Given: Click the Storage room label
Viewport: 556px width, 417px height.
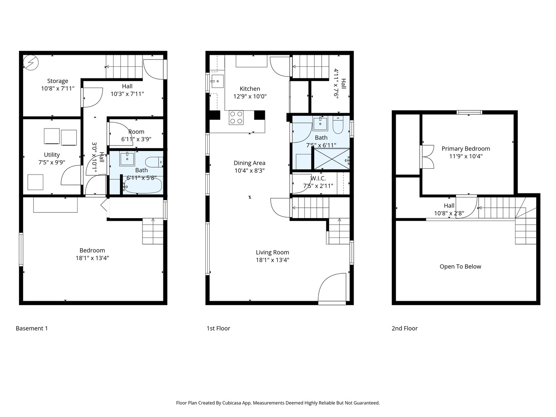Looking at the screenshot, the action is point(58,81).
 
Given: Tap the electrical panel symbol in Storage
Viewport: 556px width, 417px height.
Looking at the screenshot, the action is point(31,63).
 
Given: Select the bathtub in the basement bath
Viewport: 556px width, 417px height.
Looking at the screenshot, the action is point(143,186).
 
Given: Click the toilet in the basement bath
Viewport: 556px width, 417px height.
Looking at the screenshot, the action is point(154,162).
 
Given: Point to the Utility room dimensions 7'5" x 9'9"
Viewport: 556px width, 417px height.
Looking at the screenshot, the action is point(52,162).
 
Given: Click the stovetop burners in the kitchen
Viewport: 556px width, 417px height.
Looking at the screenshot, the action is point(236,118).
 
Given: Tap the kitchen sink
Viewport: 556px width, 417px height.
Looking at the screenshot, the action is point(217,81).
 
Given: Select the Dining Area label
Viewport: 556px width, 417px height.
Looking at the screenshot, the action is point(249,163).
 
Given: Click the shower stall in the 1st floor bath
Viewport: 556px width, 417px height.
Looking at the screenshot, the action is point(332,159).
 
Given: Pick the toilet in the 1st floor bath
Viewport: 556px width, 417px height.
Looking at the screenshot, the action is point(338,125).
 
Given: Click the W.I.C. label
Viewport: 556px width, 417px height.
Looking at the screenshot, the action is point(318,178).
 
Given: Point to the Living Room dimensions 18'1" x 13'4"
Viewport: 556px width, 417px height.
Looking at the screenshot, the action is point(272,260).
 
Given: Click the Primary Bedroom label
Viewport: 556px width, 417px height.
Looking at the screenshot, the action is point(466,149).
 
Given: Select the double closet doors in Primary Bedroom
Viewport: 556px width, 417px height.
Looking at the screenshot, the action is point(427,157).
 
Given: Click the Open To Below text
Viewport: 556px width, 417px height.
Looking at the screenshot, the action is point(460,266).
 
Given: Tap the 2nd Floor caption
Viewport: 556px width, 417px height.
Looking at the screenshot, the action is point(405,328).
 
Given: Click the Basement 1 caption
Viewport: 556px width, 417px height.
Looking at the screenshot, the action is point(32,328).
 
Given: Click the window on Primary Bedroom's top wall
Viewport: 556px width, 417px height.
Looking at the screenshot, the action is point(469,112).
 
